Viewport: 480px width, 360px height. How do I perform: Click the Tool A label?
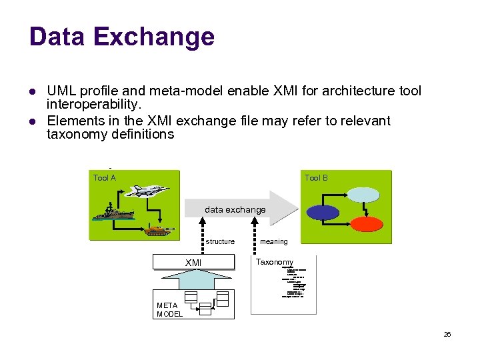pyautogui.click(x=105, y=177)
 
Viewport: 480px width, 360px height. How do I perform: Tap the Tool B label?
pyautogui.click(x=316, y=177)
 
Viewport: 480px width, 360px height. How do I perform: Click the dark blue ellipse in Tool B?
pyautogui.click(x=323, y=212)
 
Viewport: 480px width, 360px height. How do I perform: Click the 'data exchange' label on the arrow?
pyautogui.click(x=235, y=209)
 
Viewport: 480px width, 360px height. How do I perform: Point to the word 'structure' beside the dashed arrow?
pyautogui.click(x=220, y=241)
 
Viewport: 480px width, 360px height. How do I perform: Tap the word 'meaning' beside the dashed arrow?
pyautogui.click(x=274, y=241)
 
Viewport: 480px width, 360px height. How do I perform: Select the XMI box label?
pyautogui.click(x=193, y=263)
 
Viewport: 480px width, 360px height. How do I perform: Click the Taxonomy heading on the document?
pyautogui.click(x=275, y=262)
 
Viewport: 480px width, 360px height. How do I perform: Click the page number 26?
pyautogui.click(x=447, y=334)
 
